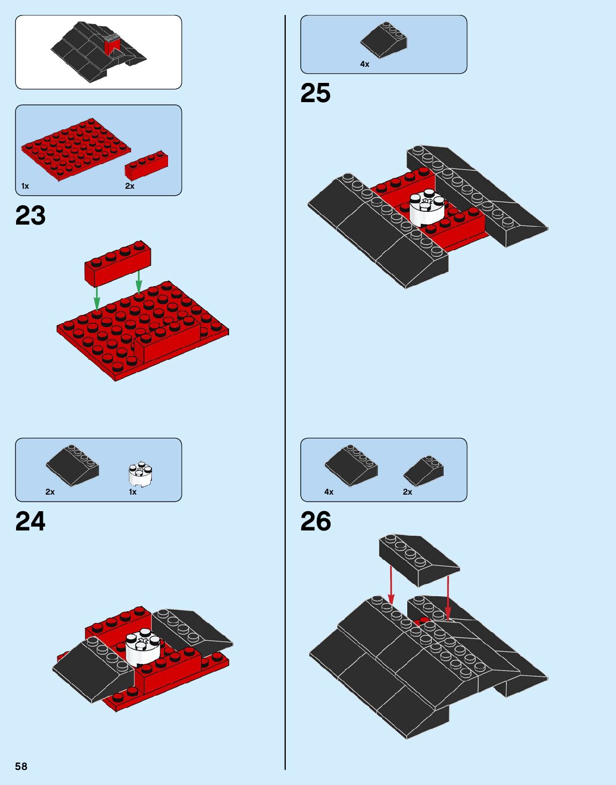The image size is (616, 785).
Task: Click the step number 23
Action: click(x=31, y=216)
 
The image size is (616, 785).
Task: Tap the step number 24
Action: click(x=31, y=521)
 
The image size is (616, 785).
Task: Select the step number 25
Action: click(x=315, y=93)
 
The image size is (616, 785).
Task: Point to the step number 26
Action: click(x=316, y=521)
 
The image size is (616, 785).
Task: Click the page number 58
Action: click(x=21, y=766)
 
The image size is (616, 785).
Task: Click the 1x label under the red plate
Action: click(x=25, y=186)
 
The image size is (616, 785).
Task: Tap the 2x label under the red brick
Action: click(x=130, y=186)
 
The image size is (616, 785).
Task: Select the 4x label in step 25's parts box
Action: click(x=364, y=64)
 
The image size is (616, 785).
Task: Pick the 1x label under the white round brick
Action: click(x=133, y=492)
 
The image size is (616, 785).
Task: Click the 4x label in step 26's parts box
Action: click(x=329, y=492)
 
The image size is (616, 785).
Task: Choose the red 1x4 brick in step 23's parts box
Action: click(x=146, y=166)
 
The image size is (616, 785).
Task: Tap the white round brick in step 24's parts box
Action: click(x=141, y=474)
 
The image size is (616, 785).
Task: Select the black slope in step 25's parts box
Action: click(x=383, y=40)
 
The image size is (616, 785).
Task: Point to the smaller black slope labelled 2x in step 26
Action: click(x=423, y=471)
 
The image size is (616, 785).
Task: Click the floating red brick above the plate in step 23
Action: click(x=118, y=262)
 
